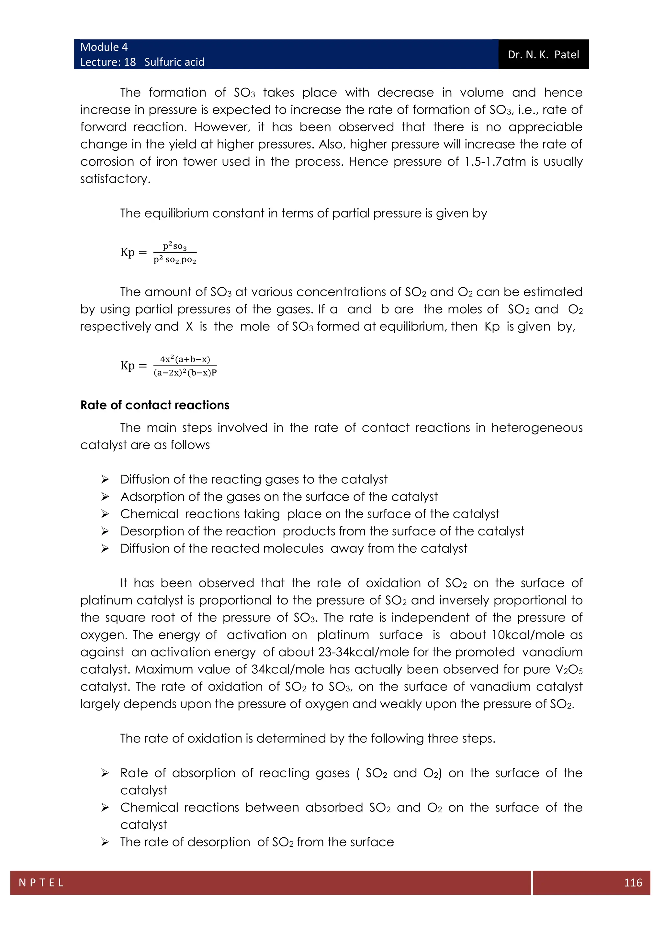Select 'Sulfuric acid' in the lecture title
[174, 62]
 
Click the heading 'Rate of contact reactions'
[155, 405]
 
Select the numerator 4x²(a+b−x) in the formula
[185, 359]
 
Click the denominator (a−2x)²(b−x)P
[185, 372]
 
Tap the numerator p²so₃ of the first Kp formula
[175, 246]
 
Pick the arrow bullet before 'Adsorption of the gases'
[105, 497]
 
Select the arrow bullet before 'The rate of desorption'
[105, 842]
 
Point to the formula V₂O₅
[569, 669]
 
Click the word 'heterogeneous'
[536, 427]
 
